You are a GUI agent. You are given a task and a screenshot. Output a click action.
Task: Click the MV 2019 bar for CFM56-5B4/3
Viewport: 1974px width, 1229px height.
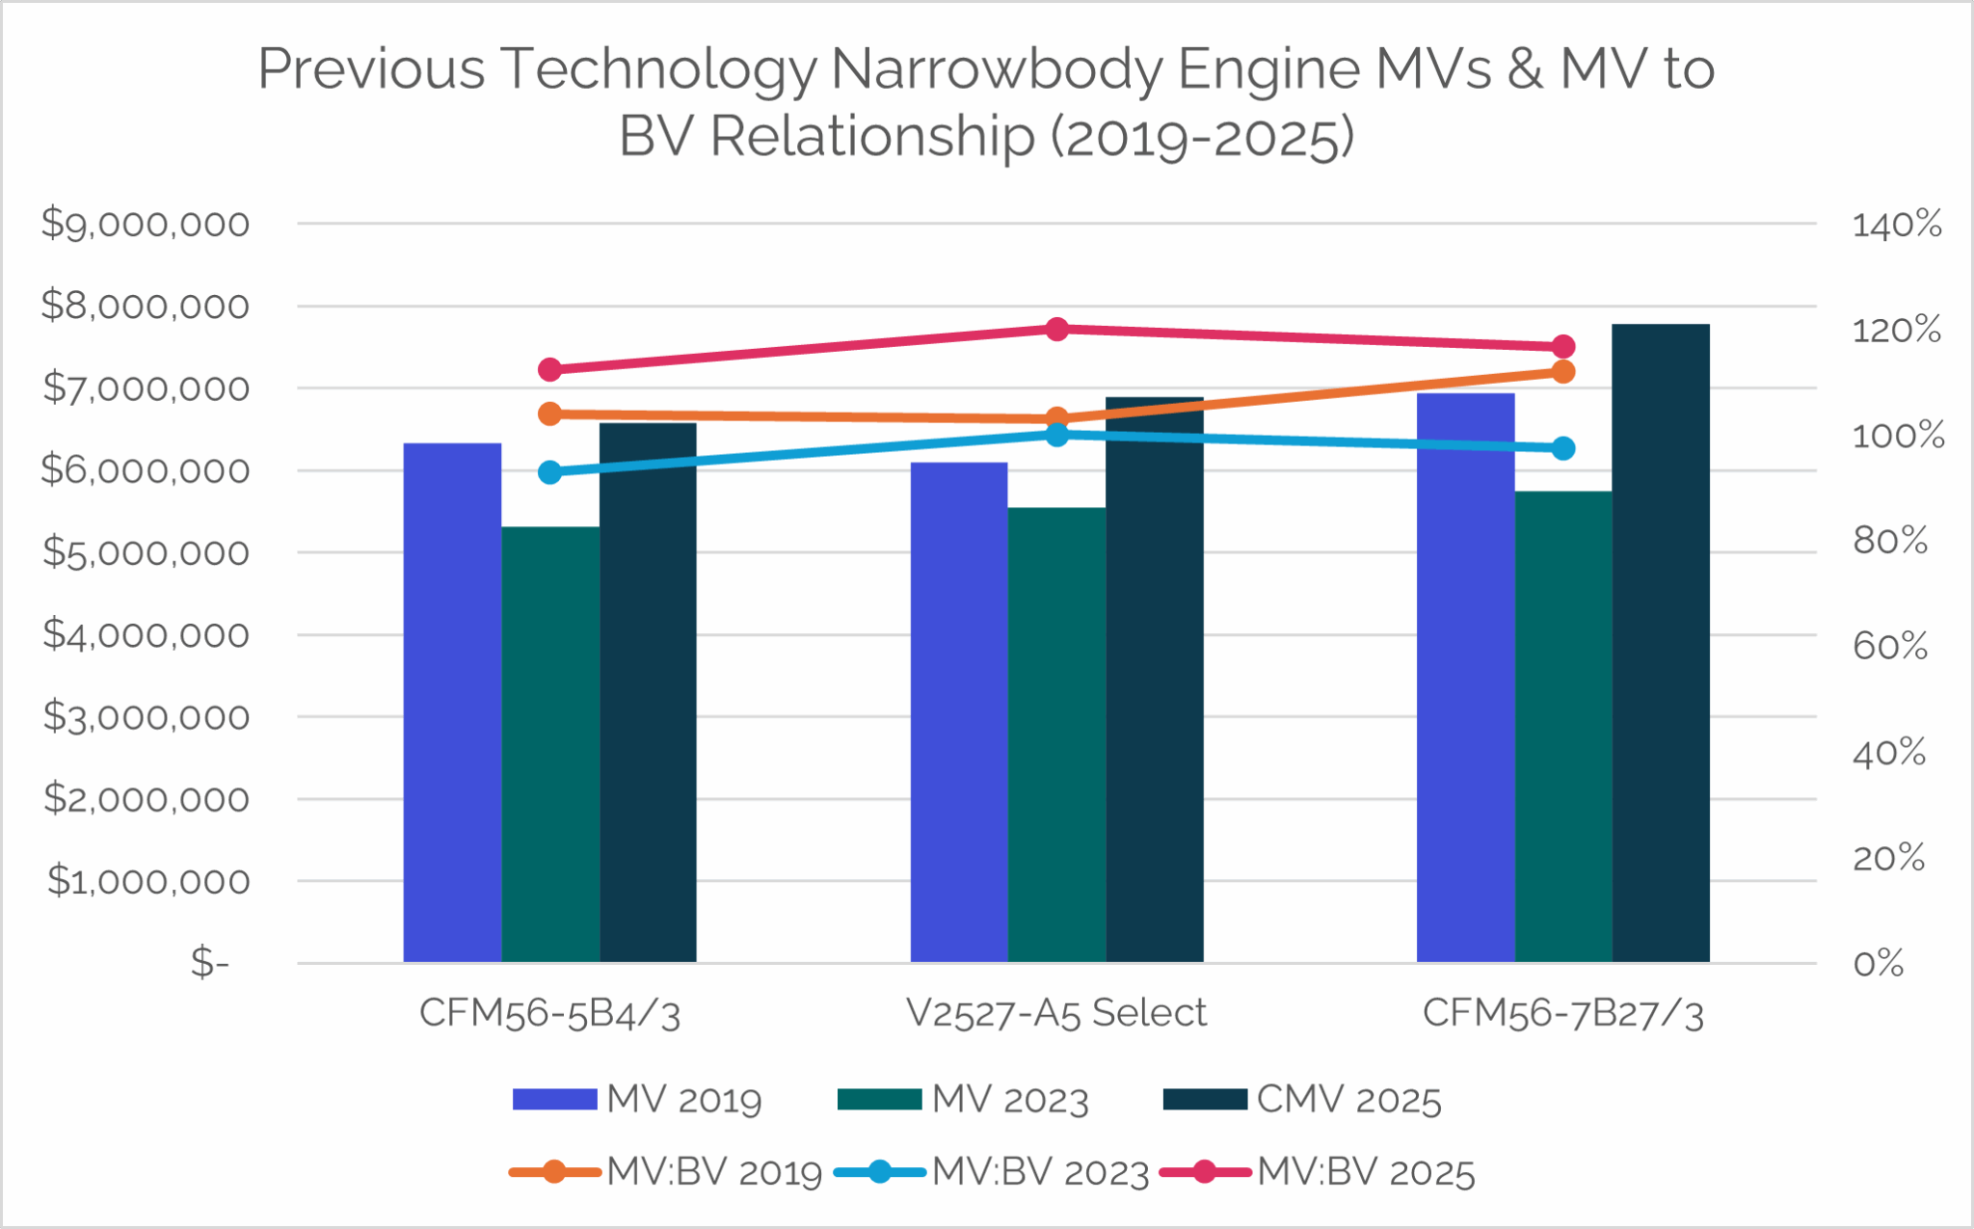(x=452, y=704)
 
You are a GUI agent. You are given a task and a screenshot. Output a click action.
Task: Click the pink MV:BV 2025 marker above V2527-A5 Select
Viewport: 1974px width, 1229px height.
(x=1056, y=330)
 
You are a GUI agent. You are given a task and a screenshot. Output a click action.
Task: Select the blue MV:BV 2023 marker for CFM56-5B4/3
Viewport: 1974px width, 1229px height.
(x=550, y=472)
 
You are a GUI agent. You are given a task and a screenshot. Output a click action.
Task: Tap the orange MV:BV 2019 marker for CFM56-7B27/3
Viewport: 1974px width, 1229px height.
(x=1563, y=372)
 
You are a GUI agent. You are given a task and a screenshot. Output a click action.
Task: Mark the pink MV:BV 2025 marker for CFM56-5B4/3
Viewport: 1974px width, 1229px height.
(x=550, y=370)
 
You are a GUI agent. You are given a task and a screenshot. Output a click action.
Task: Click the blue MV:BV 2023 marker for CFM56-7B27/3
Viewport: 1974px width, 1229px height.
(x=1563, y=448)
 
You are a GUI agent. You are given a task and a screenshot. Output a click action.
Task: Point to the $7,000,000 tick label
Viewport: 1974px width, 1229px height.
(x=146, y=388)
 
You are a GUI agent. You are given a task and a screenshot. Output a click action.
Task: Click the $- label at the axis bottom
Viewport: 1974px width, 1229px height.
(x=209, y=962)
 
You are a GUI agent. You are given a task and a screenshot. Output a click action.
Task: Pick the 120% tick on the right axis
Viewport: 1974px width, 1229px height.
(x=1896, y=331)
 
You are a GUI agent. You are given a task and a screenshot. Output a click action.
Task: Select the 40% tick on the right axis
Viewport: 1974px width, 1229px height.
(x=1888, y=753)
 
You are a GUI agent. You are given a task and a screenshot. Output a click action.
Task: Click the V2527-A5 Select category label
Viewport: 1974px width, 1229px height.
(x=1056, y=1013)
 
